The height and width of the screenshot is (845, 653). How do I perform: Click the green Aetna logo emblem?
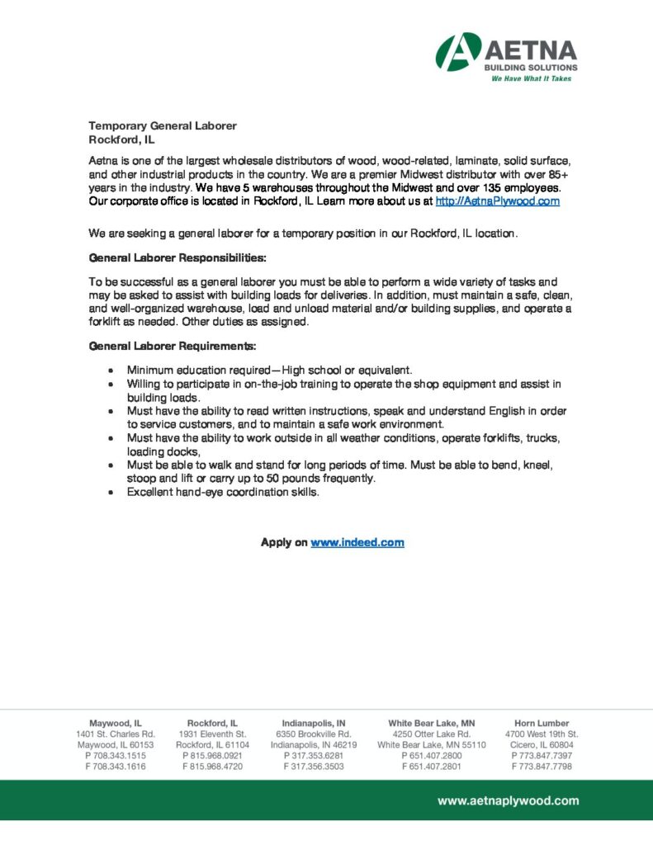click(458, 51)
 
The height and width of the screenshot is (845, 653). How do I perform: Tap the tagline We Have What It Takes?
click(531, 79)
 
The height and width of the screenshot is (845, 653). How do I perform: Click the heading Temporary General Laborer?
click(163, 125)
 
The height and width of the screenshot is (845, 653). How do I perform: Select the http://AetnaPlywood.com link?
click(497, 201)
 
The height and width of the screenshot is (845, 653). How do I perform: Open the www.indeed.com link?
click(357, 542)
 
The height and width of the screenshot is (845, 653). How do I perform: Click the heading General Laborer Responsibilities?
click(177, 257)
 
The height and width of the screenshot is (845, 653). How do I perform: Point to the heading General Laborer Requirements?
click(173, 346)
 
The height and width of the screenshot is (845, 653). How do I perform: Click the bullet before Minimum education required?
click(111, 371)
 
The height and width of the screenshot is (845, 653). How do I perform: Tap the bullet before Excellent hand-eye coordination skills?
click(111, 493)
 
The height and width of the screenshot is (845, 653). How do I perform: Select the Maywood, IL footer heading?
click(116, 723)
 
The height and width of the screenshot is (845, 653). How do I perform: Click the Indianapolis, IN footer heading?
click(314, 723)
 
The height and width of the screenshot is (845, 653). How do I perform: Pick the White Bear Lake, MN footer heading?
click(432, 723)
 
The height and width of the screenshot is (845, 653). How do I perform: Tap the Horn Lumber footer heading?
click(542, 723)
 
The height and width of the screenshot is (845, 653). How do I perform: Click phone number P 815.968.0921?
click(212, 755)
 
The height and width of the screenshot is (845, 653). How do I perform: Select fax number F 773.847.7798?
click(542, 767)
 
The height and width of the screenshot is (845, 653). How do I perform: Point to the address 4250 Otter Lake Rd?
click(432, 734)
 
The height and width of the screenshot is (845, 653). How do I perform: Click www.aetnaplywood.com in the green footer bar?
click(508, 800)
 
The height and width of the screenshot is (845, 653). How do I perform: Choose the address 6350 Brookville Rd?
click(314, 734)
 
